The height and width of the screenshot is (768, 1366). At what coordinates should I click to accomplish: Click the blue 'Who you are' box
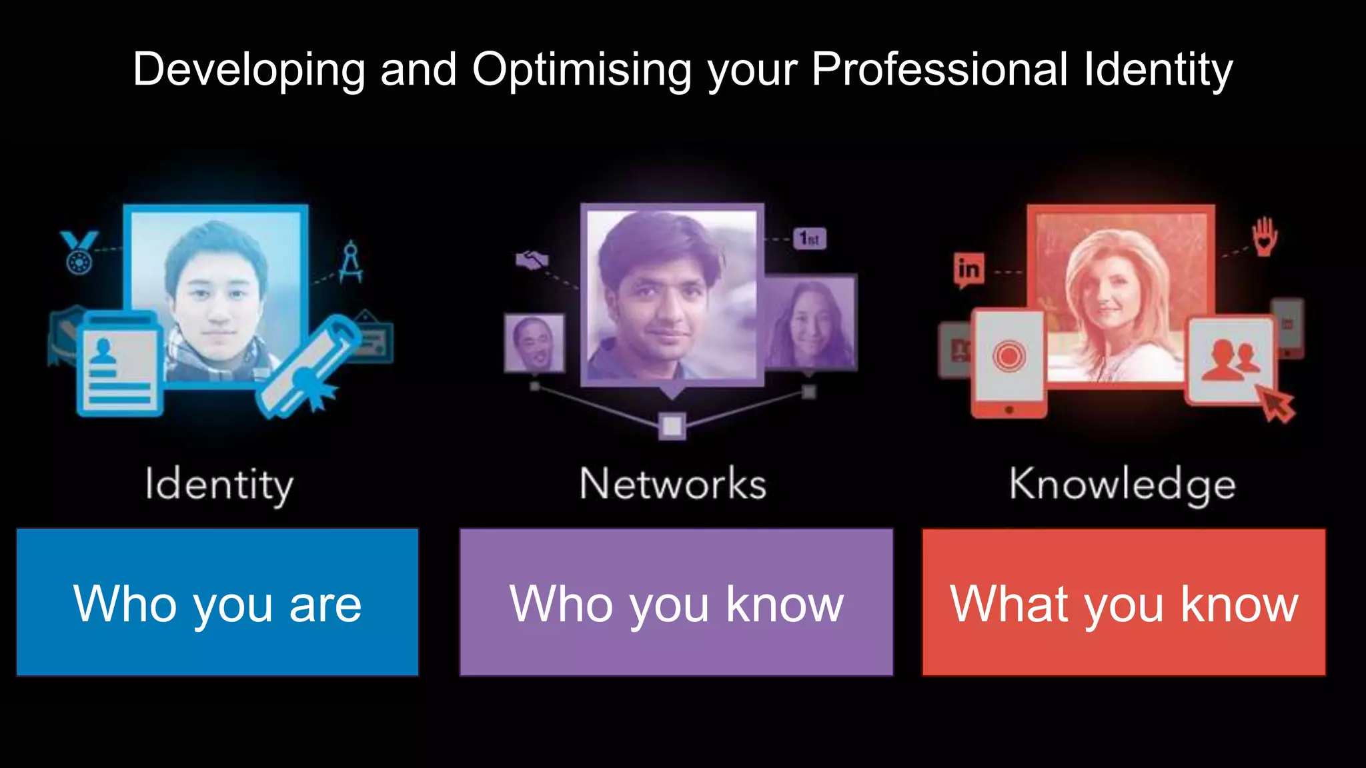[217, 603]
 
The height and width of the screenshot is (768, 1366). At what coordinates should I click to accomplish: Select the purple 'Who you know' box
[676, 603]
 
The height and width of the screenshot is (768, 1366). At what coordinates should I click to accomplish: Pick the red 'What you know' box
[1124, 603]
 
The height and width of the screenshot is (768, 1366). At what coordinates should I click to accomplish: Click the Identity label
[219, 485]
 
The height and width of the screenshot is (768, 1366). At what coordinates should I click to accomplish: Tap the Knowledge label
[1123, 485]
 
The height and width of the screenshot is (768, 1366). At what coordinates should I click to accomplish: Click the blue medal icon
[79, 252]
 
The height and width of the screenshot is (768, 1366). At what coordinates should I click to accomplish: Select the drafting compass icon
[351, 261]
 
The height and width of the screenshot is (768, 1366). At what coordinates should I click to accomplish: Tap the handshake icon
[532, 260]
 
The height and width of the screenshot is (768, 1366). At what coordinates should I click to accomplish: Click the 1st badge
[809, 238]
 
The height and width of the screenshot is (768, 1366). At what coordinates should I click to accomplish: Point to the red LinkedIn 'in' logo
[968, 270]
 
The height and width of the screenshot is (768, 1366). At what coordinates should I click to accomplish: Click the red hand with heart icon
[1264, 237]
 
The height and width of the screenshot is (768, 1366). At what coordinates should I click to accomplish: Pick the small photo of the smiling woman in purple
[811, 323]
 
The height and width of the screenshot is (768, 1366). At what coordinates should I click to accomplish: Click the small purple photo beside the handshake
[534, 343]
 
